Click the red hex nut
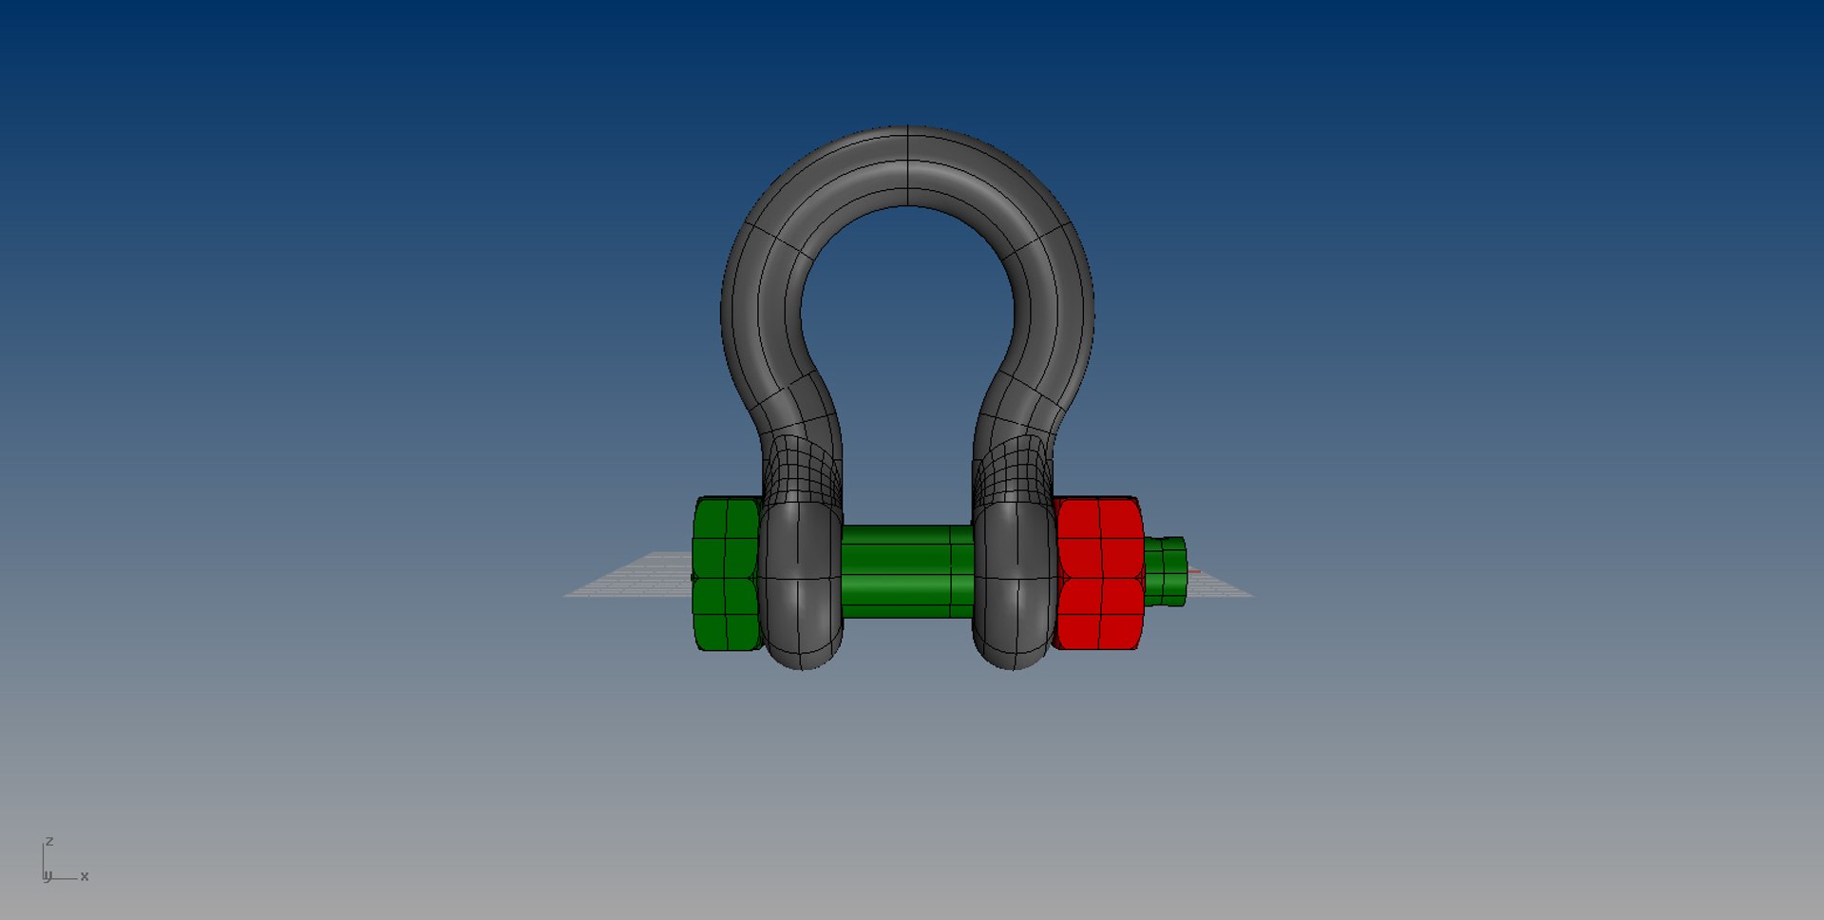click(1098, 574)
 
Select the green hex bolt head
click(726, 574)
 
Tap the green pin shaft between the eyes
click(906, 571)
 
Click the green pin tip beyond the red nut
click(1166, 571)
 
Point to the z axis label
click(49, 842)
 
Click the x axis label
click(85, 876)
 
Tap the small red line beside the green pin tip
click(1194, 572)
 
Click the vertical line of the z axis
click(43, 860)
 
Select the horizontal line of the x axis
click(65, 878)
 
